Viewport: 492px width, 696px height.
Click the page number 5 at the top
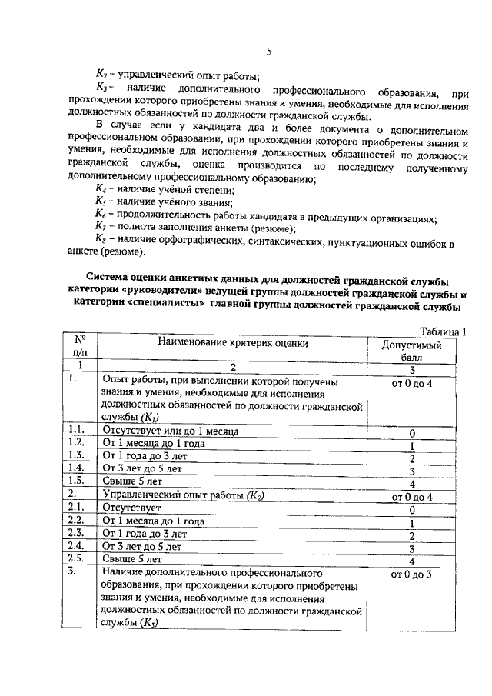point(269,52)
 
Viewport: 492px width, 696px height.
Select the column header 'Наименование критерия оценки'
point(228,344)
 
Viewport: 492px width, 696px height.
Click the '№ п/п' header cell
point(78,345)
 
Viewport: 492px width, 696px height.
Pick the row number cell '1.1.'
point(76,431)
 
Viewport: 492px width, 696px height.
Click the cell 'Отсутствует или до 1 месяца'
point(170,431)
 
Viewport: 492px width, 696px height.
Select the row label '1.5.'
point(76,481)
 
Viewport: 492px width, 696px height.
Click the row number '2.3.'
point(76,534)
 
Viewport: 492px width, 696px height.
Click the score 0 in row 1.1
point(412,433)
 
